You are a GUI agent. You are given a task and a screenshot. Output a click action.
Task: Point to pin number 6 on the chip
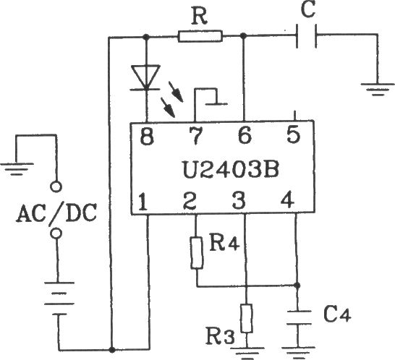pyautogui.click(x=245, y=135)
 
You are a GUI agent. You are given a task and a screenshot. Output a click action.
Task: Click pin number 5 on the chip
pyautogui.click(x=294, y=134)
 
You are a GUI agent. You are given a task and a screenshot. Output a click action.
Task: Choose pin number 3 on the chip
pyautogui.click(x=238, y=201)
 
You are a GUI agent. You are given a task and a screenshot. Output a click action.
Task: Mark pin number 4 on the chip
pyautogui.click(x=287, y=200)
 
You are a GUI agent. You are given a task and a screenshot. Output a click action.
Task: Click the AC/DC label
pyautogui.click(x=56, y=213)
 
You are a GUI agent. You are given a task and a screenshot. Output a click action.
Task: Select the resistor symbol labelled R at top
pyautogui.click(x=200, y=36)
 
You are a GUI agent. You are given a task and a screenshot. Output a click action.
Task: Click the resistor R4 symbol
pyautogui.click(x=197, y=253)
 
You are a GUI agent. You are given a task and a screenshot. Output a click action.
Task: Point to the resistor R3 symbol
pyautogui.click(x=247, y=319)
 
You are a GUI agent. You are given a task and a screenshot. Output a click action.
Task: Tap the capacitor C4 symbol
pyautogui.click(x=299, y=317)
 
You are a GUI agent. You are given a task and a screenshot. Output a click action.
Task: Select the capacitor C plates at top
pyautogui.click(x=307, y=36)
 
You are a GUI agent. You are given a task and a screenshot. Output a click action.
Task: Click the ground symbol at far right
pyautogui.click(x=378, y=90)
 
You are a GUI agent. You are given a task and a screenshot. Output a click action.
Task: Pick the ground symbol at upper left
pyautogui.click(x=17, y=169)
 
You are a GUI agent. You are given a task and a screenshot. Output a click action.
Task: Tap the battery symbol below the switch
pyautogui.click(x=59, y=299)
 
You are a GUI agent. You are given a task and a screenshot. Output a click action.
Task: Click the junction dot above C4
pyautogui.click(x=297, y=286)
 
